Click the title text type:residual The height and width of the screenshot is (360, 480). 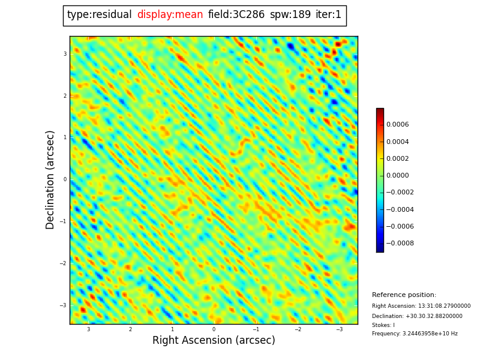99,15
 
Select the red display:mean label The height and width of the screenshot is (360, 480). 170,15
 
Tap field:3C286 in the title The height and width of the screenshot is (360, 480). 236,15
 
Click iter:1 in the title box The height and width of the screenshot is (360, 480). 328,15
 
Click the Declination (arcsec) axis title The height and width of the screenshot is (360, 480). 50,179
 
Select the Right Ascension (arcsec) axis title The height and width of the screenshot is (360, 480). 214,341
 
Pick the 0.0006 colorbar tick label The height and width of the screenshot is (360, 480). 397,125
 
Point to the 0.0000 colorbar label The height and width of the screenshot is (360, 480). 397,176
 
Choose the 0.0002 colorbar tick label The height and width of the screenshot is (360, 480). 397,159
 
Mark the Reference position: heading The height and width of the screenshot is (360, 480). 404,295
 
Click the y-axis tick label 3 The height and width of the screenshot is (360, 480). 65,54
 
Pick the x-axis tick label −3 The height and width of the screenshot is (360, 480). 339,329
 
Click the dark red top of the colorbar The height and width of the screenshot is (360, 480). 380,111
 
